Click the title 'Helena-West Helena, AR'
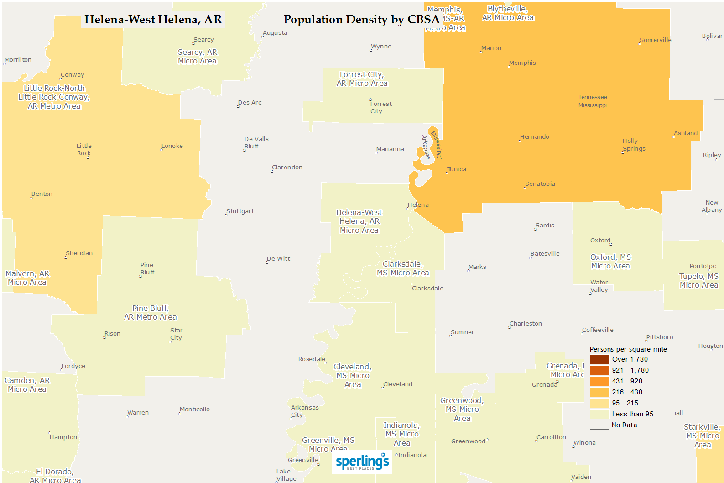153,20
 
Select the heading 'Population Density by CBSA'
361,20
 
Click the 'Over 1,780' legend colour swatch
599,359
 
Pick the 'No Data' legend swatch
599,425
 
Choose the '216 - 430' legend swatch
599,392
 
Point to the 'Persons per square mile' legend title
628,349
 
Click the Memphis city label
522,63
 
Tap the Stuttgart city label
240,211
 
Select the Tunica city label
456,169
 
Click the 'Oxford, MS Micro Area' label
610,262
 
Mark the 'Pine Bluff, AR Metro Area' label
151,313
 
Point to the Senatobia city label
540,184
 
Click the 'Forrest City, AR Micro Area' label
362,79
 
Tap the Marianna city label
390,149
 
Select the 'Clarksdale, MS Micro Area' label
403,268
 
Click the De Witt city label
278,259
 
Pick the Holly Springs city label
634,145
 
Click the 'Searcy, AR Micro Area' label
197,57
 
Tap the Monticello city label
194,409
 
